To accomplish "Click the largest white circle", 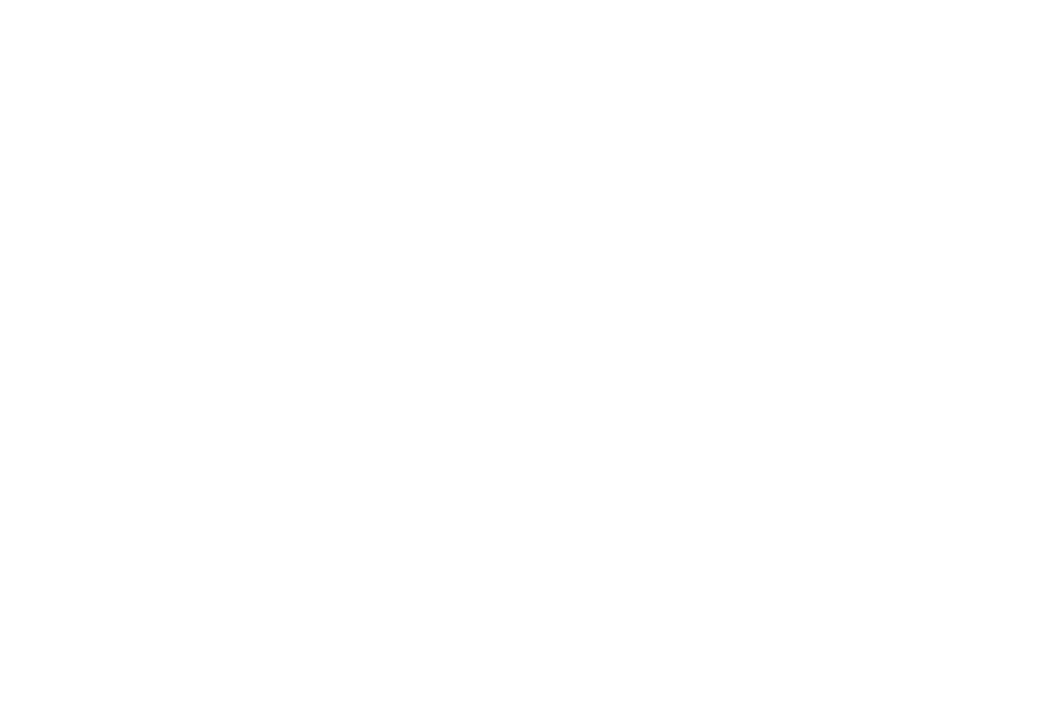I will (221, 457).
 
